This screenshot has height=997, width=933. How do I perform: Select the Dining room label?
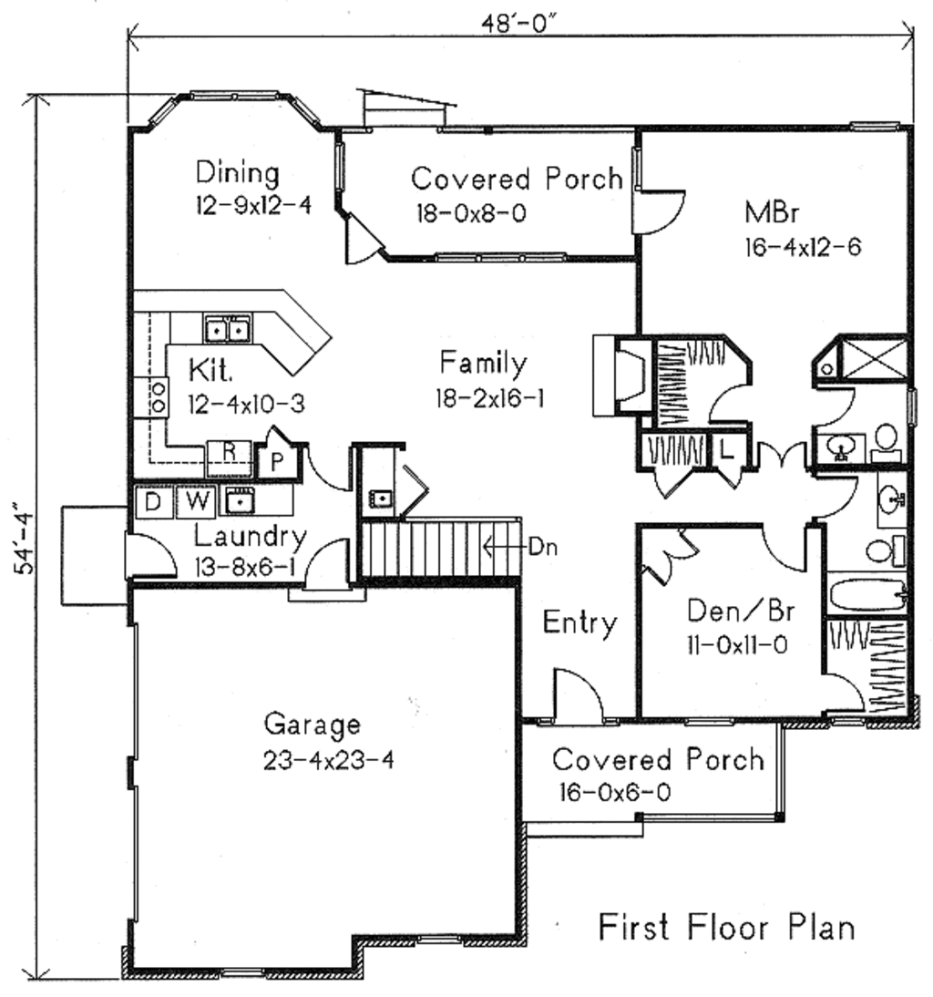pyautogui.click(x=238, y=171)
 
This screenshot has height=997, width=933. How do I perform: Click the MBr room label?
pyautogui.click(x=772, y=213)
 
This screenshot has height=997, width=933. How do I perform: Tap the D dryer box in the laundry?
pyautogui.click(x=153, y=502)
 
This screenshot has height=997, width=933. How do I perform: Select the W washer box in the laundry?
pyautogui.click(x=195, y=502)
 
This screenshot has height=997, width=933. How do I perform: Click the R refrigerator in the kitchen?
pyautogui.click(x=230, y=451)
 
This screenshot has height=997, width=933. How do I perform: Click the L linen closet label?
pyautogui.click(x=727, y=449)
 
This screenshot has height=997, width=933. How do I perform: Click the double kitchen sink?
pyautogui.click(x=227, y=328)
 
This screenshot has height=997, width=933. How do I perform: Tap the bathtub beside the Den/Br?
pyautogui.click(x=867, y=596)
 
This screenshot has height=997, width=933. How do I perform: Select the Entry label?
pyautogui.click(x=579, y=623)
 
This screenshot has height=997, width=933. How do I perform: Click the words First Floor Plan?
pyautogui.click(x=726, y=927)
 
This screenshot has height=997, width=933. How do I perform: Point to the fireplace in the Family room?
pyautogui.click(x=620, y=375)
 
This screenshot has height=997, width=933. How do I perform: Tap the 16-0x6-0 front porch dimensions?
pyautogui.click(x=616, y=793)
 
